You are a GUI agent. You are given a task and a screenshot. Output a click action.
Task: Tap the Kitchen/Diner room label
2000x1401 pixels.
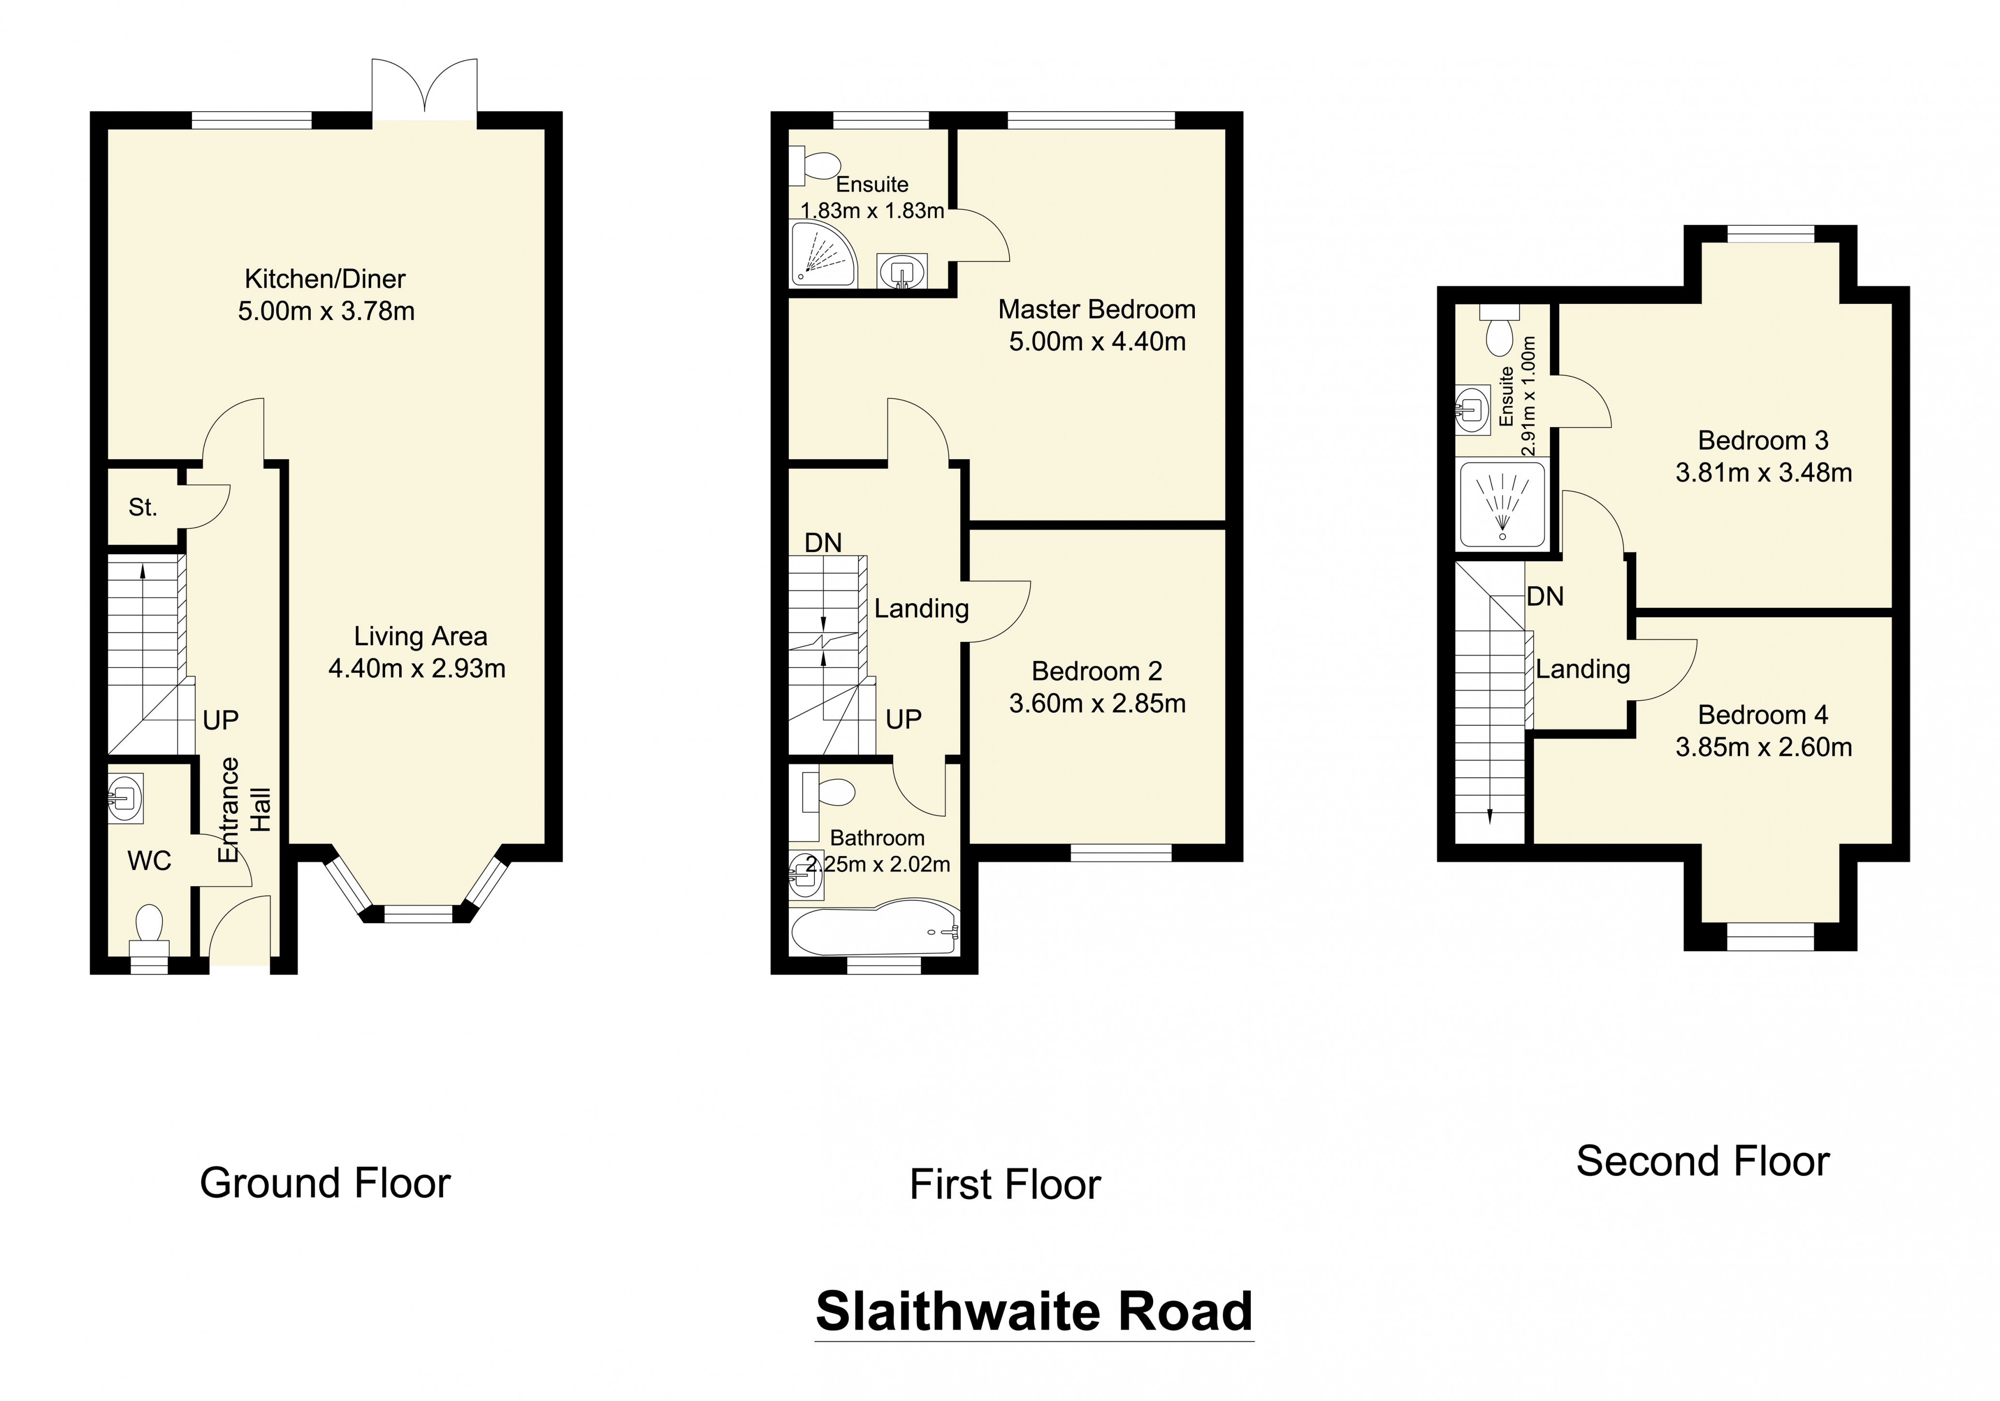[325, 279]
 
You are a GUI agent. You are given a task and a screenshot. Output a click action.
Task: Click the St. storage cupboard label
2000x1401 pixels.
[143, 507]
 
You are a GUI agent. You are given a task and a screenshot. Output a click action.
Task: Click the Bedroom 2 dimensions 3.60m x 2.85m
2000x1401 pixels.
[1097, 704]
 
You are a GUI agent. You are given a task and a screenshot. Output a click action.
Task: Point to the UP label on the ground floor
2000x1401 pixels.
[220, 720]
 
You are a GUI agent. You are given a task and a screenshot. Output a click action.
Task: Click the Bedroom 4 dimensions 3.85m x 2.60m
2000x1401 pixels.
[1763, 747]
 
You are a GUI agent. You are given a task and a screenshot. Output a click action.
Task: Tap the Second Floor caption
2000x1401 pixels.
[1702, 1162]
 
